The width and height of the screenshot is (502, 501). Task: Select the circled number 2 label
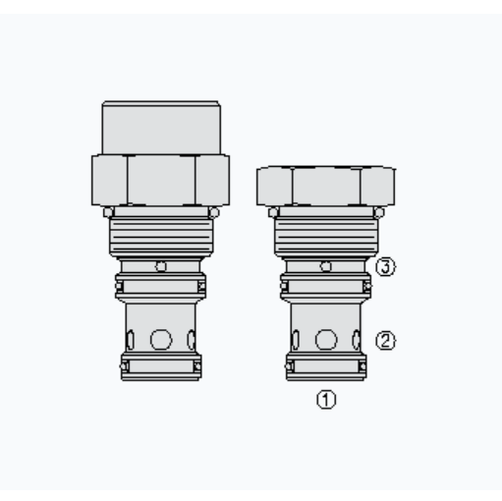386,341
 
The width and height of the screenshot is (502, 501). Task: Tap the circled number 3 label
386,266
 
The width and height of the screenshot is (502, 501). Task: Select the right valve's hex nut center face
326,184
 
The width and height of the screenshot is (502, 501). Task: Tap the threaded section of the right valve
326,236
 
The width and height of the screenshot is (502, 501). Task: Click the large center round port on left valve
161,340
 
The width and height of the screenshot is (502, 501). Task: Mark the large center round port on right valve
326,340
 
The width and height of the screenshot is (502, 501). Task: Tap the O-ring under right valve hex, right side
377,209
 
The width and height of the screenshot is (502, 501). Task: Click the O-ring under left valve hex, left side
110,209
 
